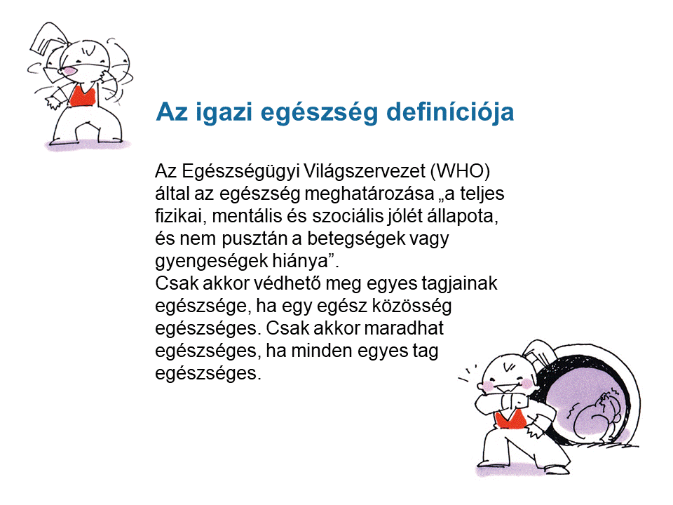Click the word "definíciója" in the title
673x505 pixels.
450,112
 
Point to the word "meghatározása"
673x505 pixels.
369,194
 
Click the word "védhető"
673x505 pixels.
287,283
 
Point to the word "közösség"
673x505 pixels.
412,306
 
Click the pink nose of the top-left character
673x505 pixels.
69,71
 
